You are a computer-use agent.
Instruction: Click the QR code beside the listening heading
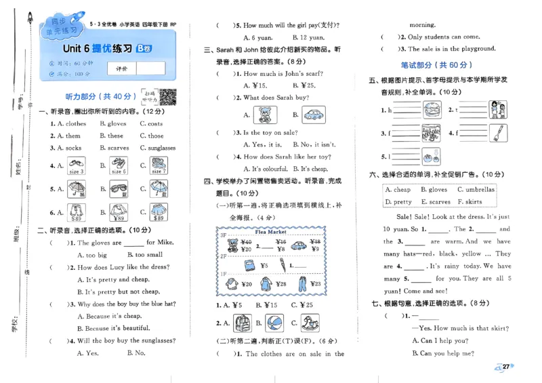(168, 97)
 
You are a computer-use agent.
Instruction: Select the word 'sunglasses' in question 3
(162, 148)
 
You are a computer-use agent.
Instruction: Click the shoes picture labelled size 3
(76, 165)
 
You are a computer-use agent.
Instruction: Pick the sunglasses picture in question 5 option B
(119, 189)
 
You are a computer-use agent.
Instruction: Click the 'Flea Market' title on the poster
(271, 232)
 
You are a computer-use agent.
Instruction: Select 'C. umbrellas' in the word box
(476, 190)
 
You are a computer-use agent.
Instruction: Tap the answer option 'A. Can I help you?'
(444, 341)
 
